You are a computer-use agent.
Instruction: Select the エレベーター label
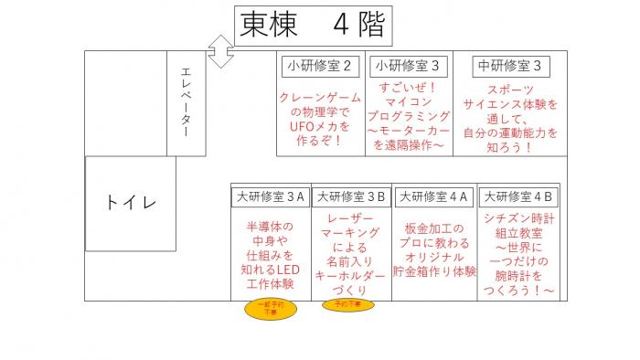pyautogui.click(x=187, y=103)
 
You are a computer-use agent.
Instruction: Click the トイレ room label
pyautogui.click(x=131, y=203)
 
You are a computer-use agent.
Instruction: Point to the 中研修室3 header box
pyautogui.click(x=509, y=66)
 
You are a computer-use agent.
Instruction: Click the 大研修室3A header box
pyautogui.click(x=270, y=196)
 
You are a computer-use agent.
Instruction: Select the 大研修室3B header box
pyautogui.click(x=351, y=196)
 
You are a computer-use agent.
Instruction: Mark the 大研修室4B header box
pyautogui.click(x=518, y=196)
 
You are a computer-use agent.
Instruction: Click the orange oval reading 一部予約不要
pyautogui.click(x=270, y=309)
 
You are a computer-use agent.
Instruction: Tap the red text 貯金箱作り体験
pyautogui.click(x=434, y=271)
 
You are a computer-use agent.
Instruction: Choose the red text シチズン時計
pyautogui.click(x=518, y=219)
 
